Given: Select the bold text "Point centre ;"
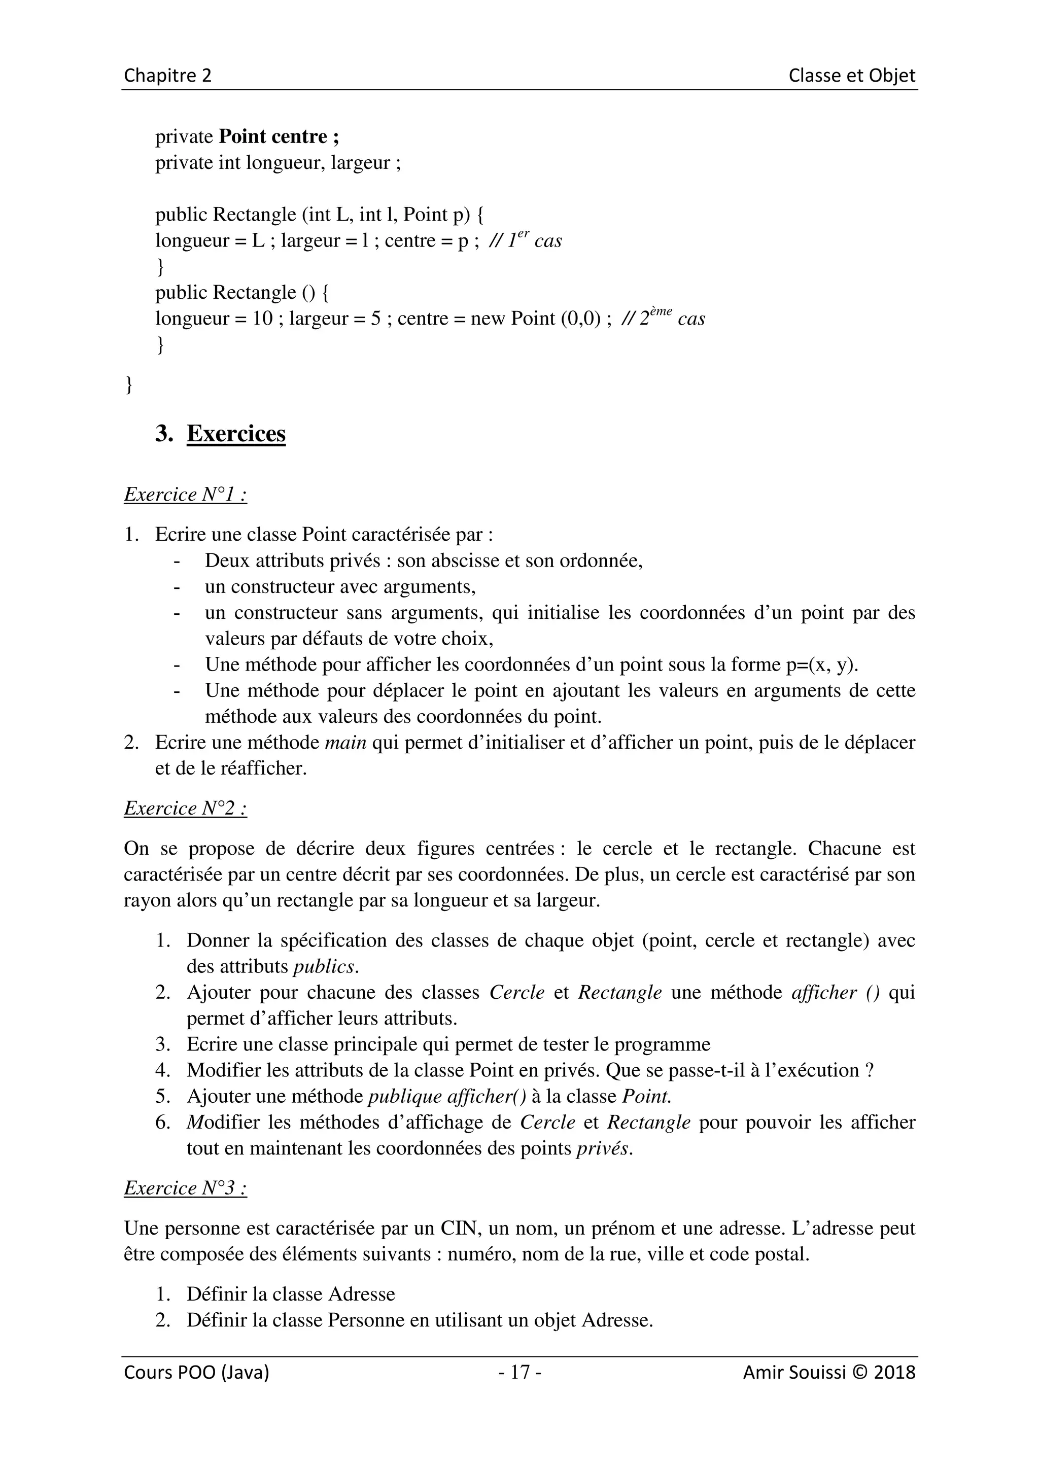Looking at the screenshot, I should [x=279, y=136].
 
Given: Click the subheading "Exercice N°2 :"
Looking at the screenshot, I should [x=185, y=808].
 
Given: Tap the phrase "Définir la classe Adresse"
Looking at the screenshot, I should [x=291, y=1294].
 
